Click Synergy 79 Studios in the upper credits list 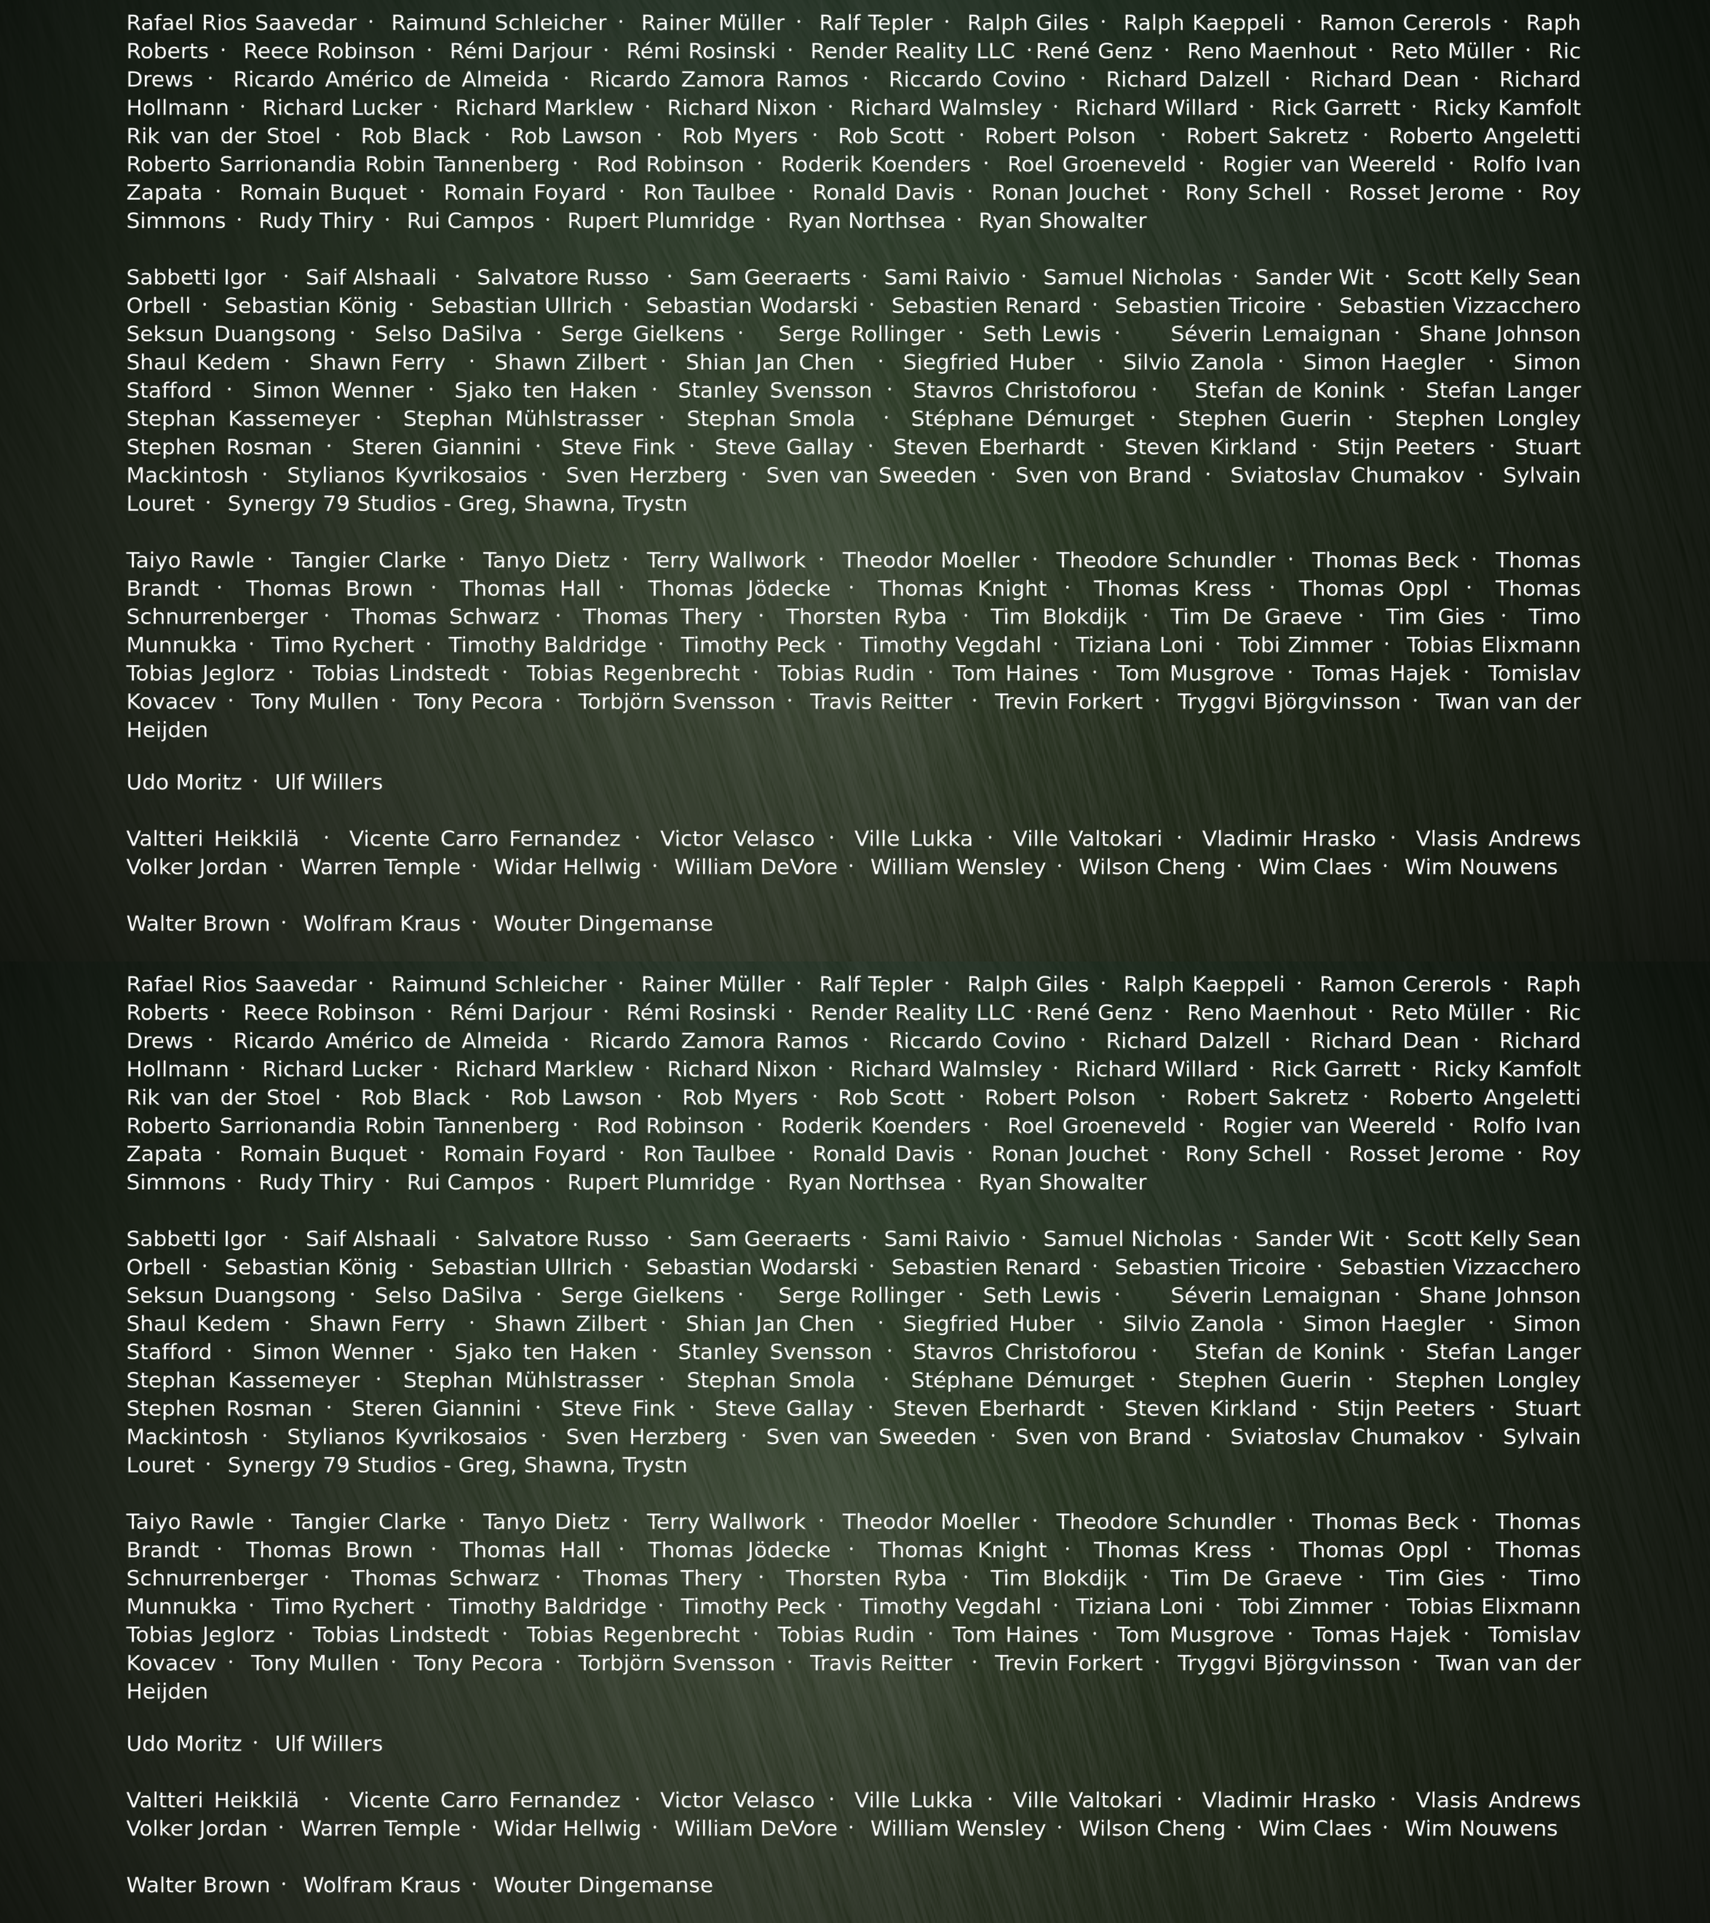[x=457, y=503]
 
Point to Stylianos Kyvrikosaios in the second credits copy [x=407, y=1437]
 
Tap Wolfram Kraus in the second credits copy [x=381, y=1885]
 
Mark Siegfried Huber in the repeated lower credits [x=988, y=1324]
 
